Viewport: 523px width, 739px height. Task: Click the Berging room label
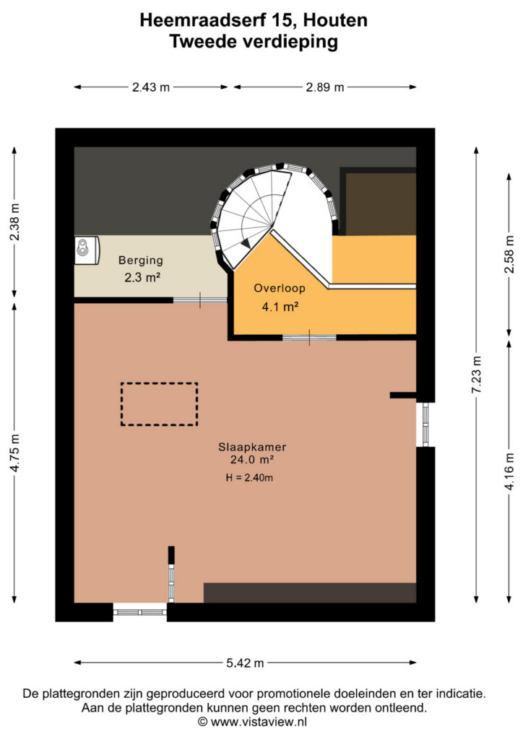tap(141, 261)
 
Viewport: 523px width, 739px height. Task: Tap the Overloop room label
tap(280, 288)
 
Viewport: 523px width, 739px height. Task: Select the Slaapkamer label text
tap(252, 447)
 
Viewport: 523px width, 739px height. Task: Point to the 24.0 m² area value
tap(252, 460)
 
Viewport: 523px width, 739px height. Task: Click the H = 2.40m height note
tap(249, 478)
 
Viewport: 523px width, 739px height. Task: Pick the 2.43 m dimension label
tap(151, 87)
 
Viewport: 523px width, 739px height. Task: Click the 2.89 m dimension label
tap(325, 87)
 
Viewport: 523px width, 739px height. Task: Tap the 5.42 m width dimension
tap(245, 663)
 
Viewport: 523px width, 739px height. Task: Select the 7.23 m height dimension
tap(477, 375)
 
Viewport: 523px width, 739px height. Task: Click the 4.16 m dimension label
tap(509, 471)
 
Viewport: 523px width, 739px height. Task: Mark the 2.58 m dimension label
tap(509, 254)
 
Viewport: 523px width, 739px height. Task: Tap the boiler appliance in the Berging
tap(87, 249)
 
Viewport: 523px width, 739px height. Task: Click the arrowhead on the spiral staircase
tap(246, 243)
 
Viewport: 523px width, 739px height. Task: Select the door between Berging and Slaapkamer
tap(200, 300)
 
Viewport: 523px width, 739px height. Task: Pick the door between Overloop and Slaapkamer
tap(309, 338)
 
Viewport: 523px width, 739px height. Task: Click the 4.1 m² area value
tap(280, 307)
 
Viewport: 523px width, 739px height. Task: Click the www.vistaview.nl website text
tap(259, 722)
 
